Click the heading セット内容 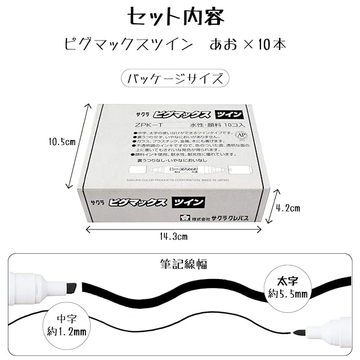pyautogui.click(x=179, y=16)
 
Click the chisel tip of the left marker pyautogui.click(x=71, y=287)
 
